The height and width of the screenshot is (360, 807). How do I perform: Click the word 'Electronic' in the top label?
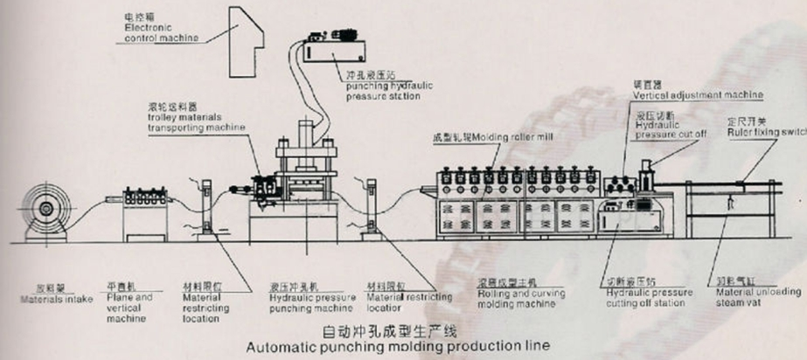point(143,27)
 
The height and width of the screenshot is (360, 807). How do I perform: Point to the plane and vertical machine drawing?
point(144,213)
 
